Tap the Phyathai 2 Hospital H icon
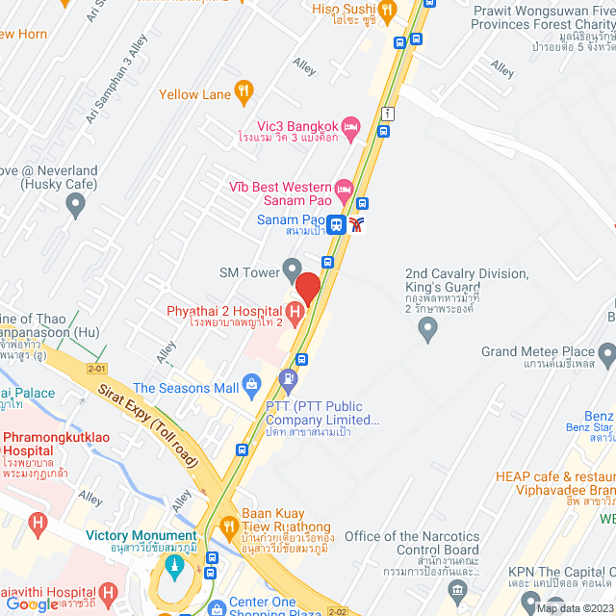point(295,310)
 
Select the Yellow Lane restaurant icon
point(244,93)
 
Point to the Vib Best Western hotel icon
point(344,188)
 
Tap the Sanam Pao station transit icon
point(336,225)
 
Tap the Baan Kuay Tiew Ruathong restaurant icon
point(229,526)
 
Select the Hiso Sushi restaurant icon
point(387,12)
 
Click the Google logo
point(32,603)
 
